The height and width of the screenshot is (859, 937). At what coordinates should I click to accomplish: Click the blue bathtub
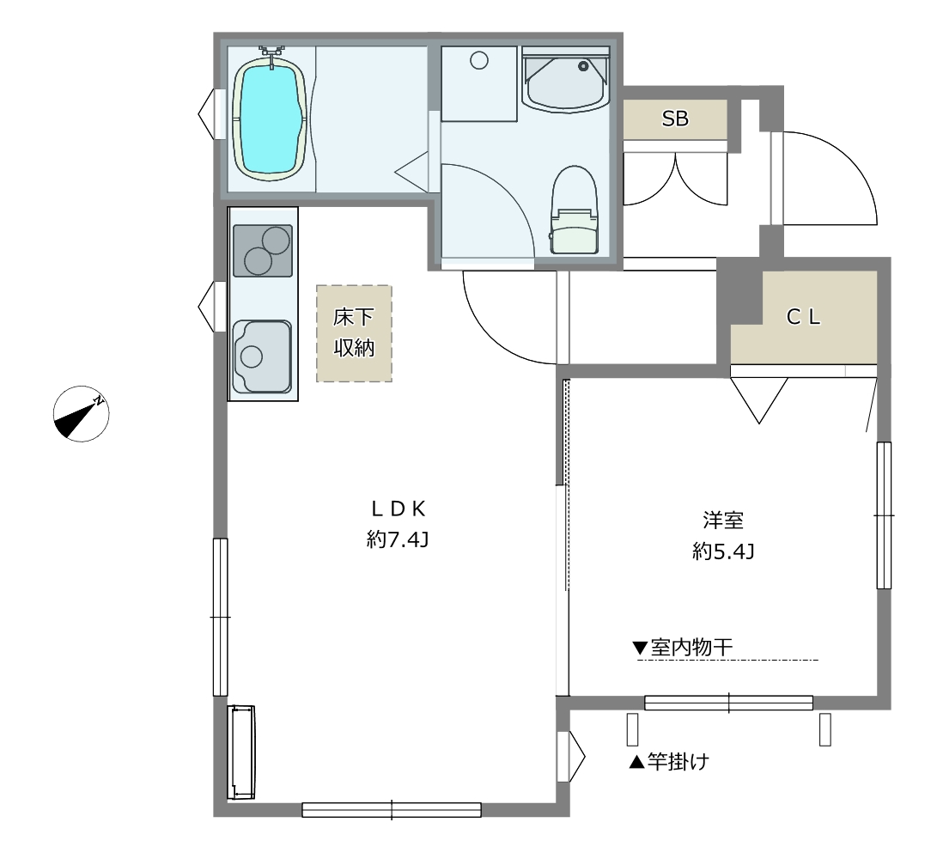pyautogui.click(x=270, y=119)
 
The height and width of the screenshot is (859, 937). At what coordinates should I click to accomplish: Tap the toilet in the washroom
pyautogui.click(x=575, y=210)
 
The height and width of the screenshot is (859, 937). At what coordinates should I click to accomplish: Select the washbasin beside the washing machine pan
pyautogui.click(x=565, y=80)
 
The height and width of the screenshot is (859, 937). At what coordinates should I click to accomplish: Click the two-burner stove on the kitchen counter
pyautogui.click(x=262, y=251)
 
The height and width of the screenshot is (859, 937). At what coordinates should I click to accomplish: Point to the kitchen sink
pyautogui.click(x=262, y=356)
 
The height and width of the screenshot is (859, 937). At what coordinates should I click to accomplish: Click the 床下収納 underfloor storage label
pyautogui.click(x=355, y=332)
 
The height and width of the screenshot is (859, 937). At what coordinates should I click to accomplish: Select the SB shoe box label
pyautogui.click(x=675, y=119)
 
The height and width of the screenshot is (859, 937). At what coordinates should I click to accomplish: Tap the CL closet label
pyautogui.click(x=803, y=317)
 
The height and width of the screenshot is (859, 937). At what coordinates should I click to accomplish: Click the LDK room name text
pyautogui.click(x=398, y=509)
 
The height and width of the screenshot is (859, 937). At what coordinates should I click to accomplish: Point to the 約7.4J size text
pyautogui.click(x=398, y=540)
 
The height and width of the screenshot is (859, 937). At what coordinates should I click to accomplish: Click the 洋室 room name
pyautogui.click(x=723, y=520)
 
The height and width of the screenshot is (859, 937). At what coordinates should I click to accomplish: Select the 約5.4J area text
pyautogui.click(x=723, y=551)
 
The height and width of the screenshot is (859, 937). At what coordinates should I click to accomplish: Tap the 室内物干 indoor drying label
pyautogui.click(x=683, y=647)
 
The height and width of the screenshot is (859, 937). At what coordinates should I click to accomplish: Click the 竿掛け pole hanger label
pyautogui.click(x=669, y=762)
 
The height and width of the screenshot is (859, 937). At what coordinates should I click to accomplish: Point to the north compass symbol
pyautogui.click(x=82, y=414)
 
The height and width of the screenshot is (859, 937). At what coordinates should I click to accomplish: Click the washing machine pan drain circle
pyautogui.click(x=479, y=60)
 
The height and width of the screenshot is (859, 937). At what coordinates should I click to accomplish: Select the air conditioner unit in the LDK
pyautogui.click(x=240, y=752)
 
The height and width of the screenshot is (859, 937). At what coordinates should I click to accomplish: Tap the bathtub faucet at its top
pyautogui.click(x=272, y=54)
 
